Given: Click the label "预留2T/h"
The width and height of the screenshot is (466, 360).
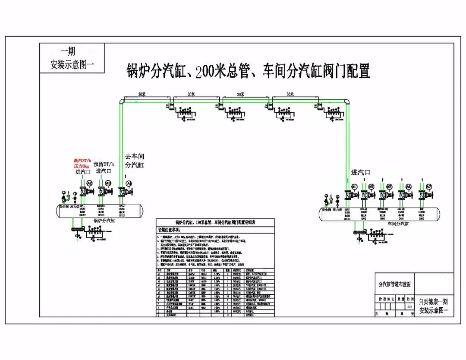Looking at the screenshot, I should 104,164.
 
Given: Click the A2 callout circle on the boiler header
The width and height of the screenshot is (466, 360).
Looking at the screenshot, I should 90,183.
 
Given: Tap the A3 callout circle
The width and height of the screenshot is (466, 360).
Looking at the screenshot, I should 108,183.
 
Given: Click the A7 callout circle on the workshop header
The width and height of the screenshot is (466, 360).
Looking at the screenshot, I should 429,186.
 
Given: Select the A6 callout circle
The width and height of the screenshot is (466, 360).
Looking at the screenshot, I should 408,186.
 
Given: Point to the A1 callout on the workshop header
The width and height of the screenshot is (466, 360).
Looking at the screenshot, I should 354,186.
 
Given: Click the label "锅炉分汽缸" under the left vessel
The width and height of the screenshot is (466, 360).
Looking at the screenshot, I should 104,220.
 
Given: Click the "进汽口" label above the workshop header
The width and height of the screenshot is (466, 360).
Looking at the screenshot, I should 361,172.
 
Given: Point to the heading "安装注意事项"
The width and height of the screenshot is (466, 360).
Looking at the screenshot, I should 172,229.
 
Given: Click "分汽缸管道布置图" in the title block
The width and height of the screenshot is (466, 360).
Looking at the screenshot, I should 394,284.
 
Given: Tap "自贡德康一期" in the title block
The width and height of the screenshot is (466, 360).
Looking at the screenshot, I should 433,302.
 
